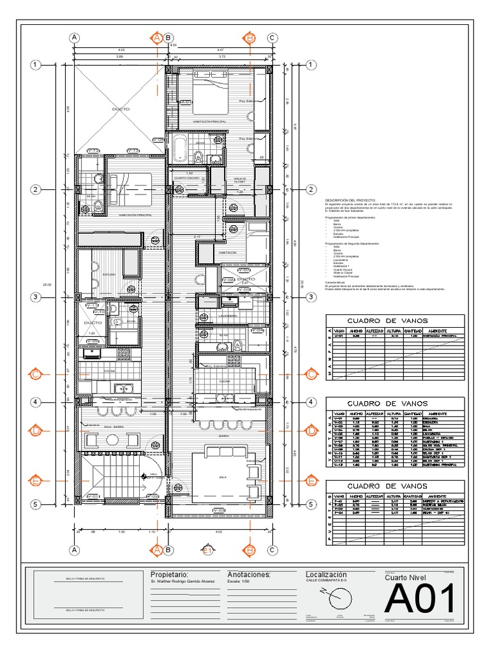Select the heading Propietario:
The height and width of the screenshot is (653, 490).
pyautogui.click(x=170, y=575)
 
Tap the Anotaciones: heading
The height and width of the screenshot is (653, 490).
pyautogui.click(x=249, y=575)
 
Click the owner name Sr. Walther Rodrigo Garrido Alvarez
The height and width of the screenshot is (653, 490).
pyautogui.click(x=182, y=582)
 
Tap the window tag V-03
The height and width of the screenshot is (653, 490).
pyautogui.click(x=218, y=510)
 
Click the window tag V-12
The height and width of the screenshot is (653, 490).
pyautogui.click(x=93, y=150)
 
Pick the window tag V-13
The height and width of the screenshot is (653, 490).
pyautogui.click(x=133, y=150)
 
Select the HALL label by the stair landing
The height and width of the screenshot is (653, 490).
pyautogui.click(x=152, y=474)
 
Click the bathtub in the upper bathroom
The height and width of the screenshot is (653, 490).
pyautogui.click(x=180, y=149)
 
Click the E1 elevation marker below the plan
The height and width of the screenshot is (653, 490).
pyautogui.click(x=207, y=550)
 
